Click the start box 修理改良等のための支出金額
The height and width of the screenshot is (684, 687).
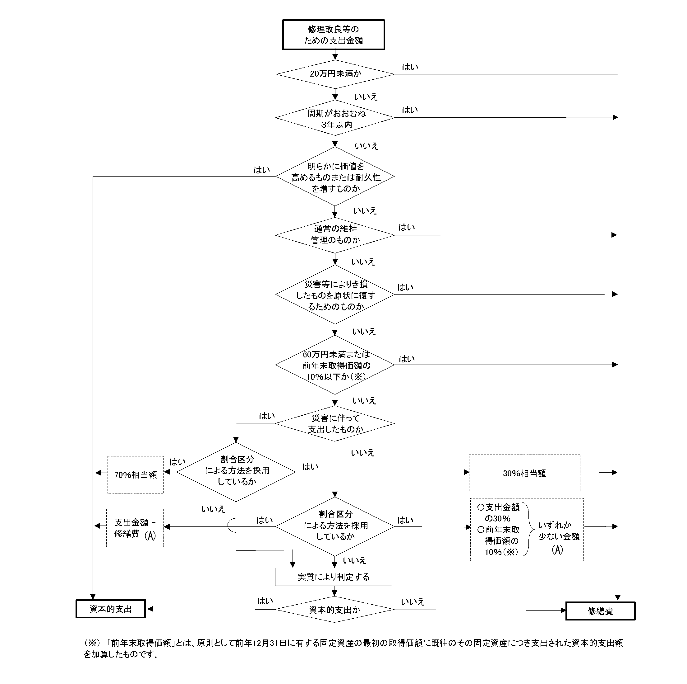[333, 35]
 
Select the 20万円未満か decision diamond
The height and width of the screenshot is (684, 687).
[335, 74]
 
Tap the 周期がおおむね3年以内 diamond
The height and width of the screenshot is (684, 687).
[335, 118]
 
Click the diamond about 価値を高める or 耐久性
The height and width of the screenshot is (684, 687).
[335, 177]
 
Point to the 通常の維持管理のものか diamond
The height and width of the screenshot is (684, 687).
[335, 235]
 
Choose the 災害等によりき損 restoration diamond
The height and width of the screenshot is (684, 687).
[335, 295]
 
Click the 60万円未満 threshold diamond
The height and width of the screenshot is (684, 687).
[335, 365]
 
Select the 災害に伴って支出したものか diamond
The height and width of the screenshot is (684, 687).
[335, 423]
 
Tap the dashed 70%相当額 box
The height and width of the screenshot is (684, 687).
[136, 475]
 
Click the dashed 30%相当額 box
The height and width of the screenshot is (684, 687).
[524, 473]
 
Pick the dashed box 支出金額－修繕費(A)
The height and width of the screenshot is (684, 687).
[135, 528]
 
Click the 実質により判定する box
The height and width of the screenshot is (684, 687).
[333, 577]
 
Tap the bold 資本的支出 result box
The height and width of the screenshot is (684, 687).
[111, 609]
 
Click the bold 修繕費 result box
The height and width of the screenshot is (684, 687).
[600, 611]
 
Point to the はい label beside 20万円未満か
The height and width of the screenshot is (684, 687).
[410, 67]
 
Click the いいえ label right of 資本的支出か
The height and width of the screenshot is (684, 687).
[413, 602]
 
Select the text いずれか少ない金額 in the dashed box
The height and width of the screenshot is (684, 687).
[558, 531]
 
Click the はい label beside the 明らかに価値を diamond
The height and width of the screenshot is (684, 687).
[262, 170]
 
